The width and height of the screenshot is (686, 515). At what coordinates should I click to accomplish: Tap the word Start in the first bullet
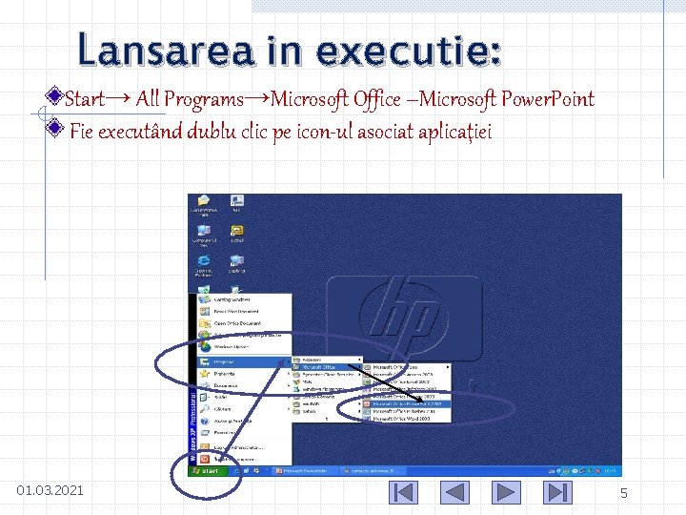(x=85, y=99)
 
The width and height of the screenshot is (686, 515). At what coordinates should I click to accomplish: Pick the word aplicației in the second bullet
(x=453, y=132)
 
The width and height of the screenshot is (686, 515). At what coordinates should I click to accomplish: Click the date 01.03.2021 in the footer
(x=50, y=491)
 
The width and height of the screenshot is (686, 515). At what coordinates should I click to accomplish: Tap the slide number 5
(x=624, y=494)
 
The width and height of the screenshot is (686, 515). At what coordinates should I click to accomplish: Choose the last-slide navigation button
(x=556, y=492)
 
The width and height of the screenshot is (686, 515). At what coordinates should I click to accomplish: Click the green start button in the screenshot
(x=209, y=471)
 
